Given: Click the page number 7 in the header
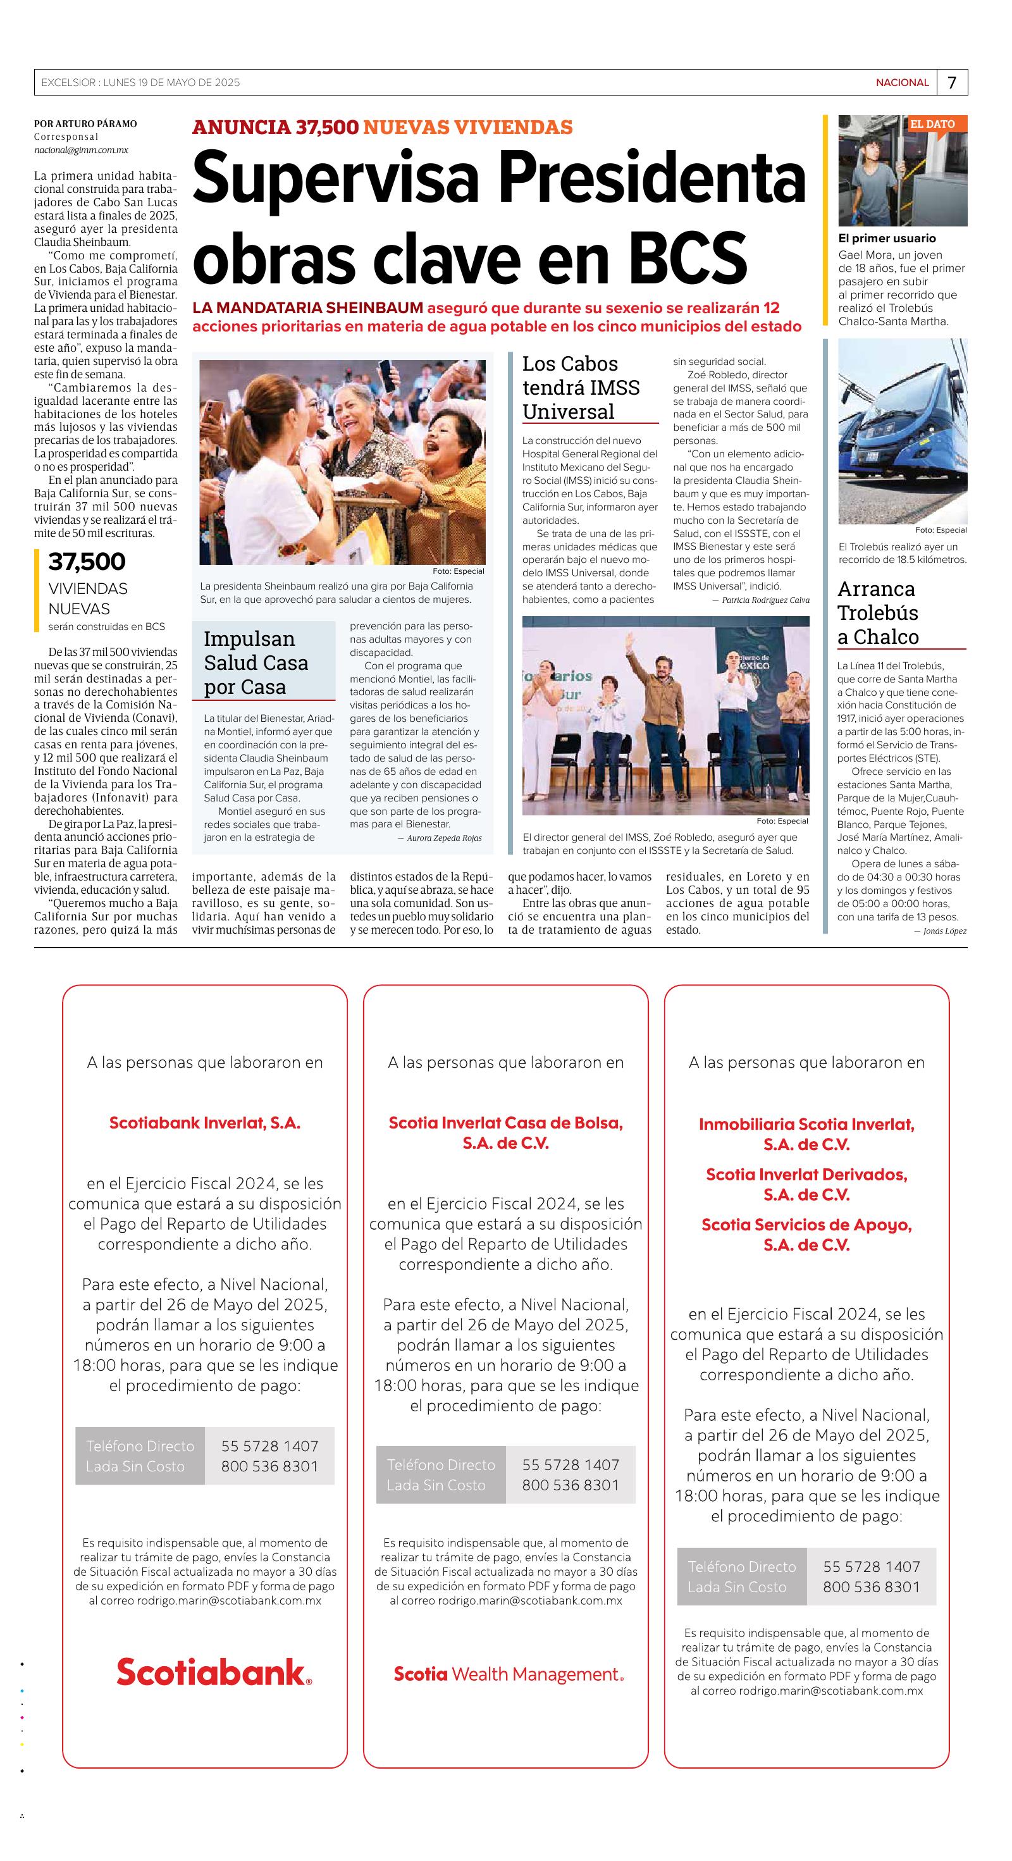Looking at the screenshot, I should (x=952, y=82).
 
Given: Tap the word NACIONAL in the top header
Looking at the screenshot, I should (x=902, y=82).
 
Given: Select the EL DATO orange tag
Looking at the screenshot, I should (x=932, y=124).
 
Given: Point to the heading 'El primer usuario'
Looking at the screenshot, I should (x=886, y=238).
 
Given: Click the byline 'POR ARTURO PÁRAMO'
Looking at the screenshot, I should (x=85, y=124).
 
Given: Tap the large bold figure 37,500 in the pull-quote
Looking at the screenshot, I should (x=87, y=561).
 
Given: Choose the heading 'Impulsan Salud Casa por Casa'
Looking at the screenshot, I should (x=256, y=662).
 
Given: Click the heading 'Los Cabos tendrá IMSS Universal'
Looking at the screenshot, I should (x=581, y=388).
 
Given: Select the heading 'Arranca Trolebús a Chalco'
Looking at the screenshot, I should (x=878, y=612).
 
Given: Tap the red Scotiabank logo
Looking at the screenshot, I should (x=214, y=1672).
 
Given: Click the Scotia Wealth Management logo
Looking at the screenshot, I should (x=508, y=1674).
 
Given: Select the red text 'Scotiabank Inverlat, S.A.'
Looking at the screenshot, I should (x=204, y=1123).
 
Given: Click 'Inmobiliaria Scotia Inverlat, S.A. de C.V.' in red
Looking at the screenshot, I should (x=806, y=1134).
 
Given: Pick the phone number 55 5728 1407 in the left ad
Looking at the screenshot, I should (x=269, y=1445).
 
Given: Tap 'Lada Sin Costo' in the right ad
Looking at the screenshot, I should (x=736, y=1587).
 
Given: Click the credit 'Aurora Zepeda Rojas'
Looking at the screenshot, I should (x=443, y=838).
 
